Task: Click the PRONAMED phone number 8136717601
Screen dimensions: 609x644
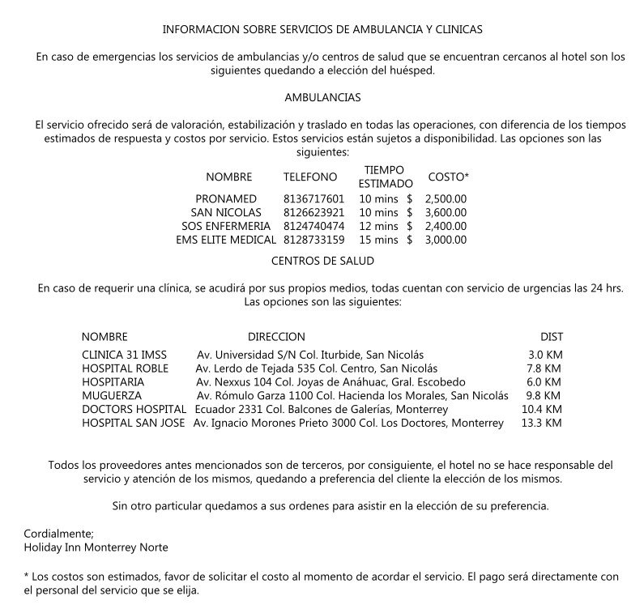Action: [x=314, y=198]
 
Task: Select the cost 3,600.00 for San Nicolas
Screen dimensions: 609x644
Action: [x=446, y=212]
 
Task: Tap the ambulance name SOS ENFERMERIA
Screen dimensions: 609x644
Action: [x=226, y=226]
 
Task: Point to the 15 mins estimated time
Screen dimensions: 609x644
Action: [x=378, y=240]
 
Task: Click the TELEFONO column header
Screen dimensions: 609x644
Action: [x=309, y=177]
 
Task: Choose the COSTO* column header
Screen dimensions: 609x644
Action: [x=448, y=177]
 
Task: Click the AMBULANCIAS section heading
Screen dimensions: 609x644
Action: [x=322, y=97]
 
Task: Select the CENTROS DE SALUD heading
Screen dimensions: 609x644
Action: [x=322, y=261]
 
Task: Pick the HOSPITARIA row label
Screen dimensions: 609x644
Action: [x=113, y=382]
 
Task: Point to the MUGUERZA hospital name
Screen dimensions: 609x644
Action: [x=112, y=396]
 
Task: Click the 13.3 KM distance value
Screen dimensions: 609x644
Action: [x=541, y=424]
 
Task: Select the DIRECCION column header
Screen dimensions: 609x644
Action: [x=276, y=336]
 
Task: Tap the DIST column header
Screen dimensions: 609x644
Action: [x=552, y=336]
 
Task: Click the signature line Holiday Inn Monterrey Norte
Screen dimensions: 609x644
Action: [x=96, y=547]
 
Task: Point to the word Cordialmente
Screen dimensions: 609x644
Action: [x=59, y=534]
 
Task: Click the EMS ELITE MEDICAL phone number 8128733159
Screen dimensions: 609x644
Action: [x=314, y=240]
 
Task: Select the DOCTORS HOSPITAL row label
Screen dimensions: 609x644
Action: [x=134, y=410]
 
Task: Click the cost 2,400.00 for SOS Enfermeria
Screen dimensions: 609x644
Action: [x=446, y=226]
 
